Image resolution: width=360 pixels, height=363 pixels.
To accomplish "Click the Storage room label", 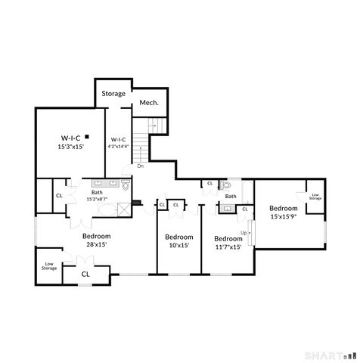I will tap(113, 94).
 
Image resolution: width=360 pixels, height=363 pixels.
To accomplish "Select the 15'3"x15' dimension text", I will tap(70, 147).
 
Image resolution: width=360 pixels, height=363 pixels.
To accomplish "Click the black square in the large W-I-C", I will tap(88, 137).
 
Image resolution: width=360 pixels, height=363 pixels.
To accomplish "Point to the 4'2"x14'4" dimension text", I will tap(119, 147).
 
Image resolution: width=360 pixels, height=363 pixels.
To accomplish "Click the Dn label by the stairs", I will tap(140, 166).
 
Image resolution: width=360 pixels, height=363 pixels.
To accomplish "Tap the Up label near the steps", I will tap(244, 232).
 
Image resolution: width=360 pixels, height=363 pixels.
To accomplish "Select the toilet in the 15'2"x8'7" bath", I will tap(126, 184).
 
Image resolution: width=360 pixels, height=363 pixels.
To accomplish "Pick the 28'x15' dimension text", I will tap(96, 244).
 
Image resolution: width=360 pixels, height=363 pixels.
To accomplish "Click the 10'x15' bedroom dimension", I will tap(177, 245).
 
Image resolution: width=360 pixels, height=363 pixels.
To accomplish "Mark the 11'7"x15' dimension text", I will tap(227, 246).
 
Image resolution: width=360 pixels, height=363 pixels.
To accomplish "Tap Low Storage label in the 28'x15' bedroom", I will tap(48, 265).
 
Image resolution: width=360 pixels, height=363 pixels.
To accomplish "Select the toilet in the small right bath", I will tap(227, 185).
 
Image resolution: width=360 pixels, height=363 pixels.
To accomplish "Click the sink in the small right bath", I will tap(228, 208).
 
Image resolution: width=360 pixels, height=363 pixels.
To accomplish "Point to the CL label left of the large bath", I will tap(58, 196).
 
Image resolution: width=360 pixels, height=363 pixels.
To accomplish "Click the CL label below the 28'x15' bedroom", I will tap(85, 274).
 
